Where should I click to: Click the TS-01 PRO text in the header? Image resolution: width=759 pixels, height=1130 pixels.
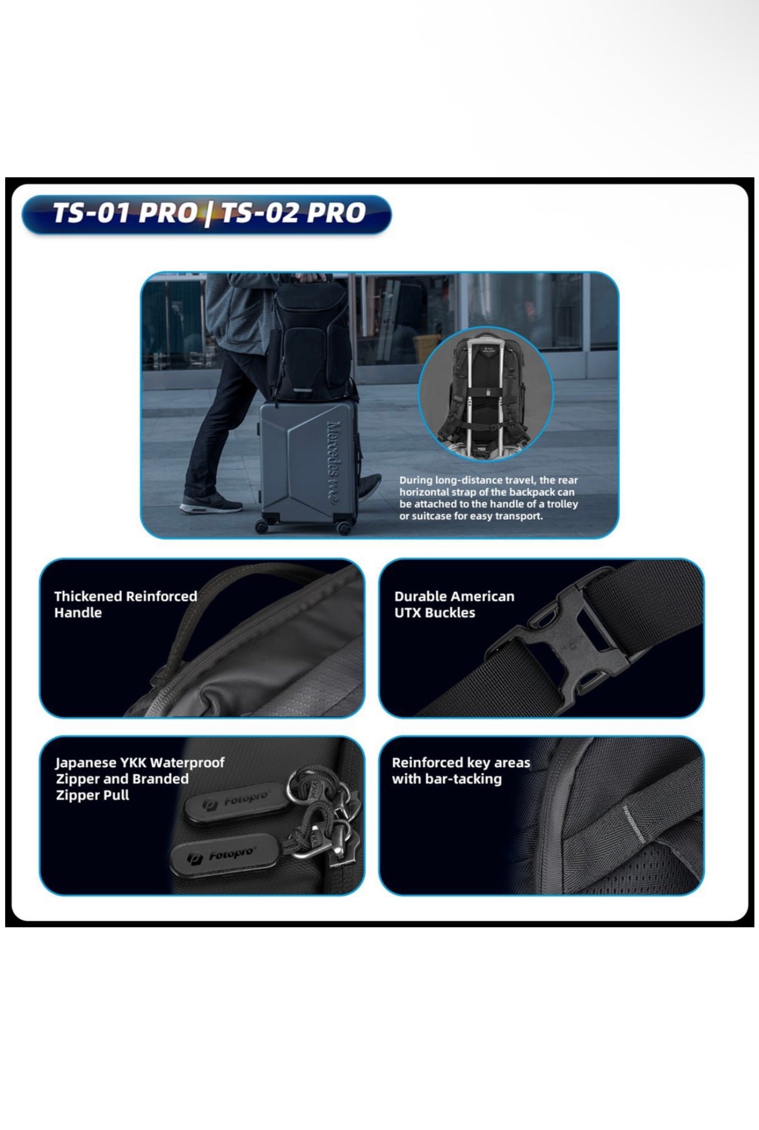pyautogui.click(x=124, y=212)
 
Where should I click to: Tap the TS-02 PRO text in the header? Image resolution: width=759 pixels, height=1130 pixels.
pyautogui.click(x=293, y=212)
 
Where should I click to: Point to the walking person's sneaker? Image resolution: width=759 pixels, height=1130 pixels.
pyautogui.click(x=210, y=505)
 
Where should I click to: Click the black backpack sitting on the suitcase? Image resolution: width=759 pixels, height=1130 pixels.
pyautogui.click(x=312, y=340)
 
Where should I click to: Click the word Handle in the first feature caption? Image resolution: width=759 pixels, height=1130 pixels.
pyautogui.click(x=78, y=612)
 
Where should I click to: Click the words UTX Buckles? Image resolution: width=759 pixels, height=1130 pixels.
pyautogui.click(x=434, y=612)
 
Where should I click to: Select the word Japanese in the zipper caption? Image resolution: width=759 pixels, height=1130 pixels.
pyautogui.click(x=86, y=763)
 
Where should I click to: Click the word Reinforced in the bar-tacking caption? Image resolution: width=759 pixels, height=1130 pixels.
pyautogui.click(x=427, y=763)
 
